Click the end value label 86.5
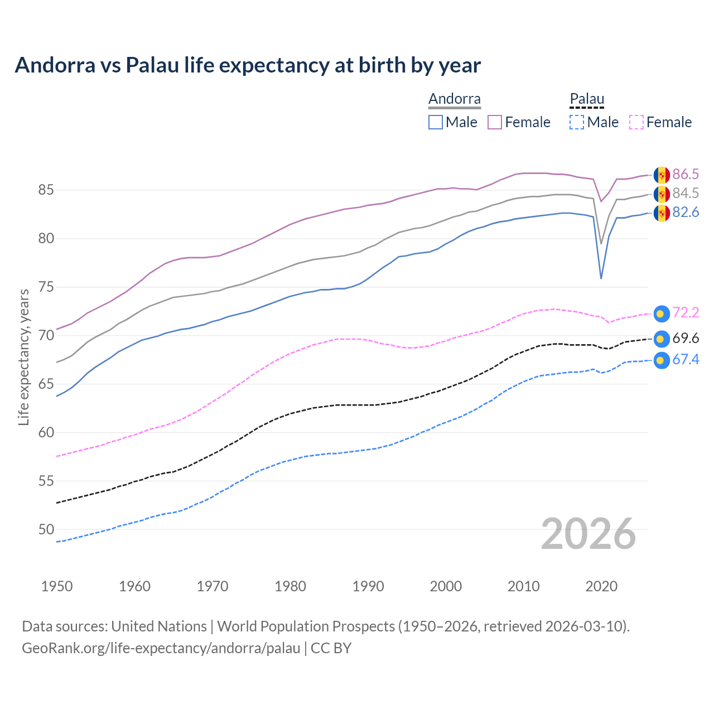click(x=685, y=175)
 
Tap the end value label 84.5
click(x=685, y=194)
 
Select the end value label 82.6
click(x=685, y=213)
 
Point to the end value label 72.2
click(x=685, y=313)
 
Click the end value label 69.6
click(x=685, y=339)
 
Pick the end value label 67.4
click(x=685, y=360)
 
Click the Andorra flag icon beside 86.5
click(x=662, y=175)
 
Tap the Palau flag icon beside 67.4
click(x=661, y=360)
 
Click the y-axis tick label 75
click(x=46, y=287)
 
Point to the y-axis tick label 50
click(x=46, y=529)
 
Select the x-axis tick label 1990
click(x=368, y=586)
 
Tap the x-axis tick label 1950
click(x=57, y=586)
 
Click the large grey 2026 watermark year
click(x=588, y=534)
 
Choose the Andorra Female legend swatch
click(x=495, y=122)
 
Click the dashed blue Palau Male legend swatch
click(x=577, y=122)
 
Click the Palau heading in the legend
click(x=587, y=99)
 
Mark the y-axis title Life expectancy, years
click(x=23, y=357)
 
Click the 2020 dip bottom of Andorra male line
click(x=601, y=278)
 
